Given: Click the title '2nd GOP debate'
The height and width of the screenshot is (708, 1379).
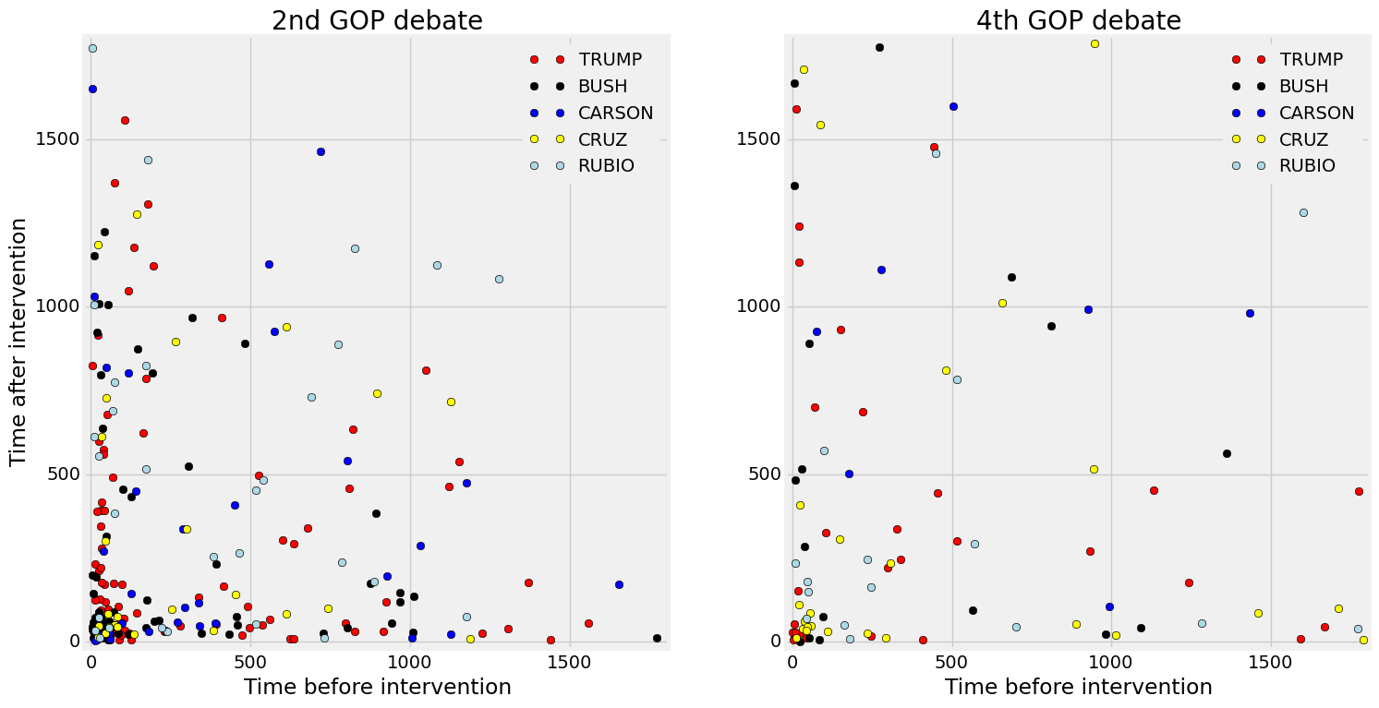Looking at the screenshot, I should (x=377, y=20).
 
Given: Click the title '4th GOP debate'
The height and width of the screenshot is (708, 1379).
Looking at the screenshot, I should (x=1078, y=20).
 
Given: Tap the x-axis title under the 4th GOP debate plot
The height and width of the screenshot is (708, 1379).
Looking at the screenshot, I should (x=1078, y=688).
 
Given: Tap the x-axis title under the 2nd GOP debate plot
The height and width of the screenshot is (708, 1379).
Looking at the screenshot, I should (x=377, y=688).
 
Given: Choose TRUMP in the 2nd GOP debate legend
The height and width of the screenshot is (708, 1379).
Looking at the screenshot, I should (x=610, y=60).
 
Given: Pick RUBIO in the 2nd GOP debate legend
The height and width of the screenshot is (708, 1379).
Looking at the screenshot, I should (x=607, y=167).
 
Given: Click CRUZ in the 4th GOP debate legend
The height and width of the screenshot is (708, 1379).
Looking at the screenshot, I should (x=1303, y=140).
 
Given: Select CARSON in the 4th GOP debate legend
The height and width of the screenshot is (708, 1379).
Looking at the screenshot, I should (x=1316, y=114).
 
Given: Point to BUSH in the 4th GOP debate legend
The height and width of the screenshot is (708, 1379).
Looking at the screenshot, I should (x=1303, y=87).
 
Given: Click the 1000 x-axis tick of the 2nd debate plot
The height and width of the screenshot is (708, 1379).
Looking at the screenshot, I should (x=410, y=663).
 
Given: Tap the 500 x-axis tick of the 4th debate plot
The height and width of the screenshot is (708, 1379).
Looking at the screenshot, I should (x=951, y=663).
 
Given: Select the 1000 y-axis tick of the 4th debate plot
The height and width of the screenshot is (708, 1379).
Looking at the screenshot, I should (x=757, y=306).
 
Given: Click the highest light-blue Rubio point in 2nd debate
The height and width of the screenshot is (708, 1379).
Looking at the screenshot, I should (x=92, y=49).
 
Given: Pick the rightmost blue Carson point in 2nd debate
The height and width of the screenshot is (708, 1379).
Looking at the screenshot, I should (x=619, y=584).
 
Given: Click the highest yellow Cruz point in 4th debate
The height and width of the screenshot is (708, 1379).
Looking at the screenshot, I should (x=1095, y=43).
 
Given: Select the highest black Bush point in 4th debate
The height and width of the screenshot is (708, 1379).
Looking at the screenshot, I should (x=879, y=47).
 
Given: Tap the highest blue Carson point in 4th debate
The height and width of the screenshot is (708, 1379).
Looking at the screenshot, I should (x=953, y=106).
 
